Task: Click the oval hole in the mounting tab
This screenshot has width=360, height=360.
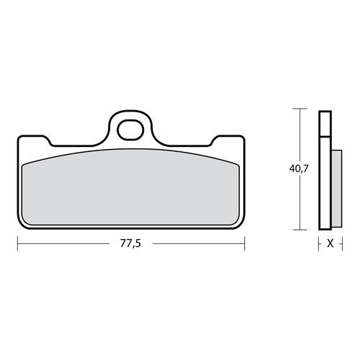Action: click(130, 131)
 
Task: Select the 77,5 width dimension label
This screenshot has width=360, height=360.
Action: click(130, 244)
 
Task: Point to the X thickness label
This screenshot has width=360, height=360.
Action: click(329, 244)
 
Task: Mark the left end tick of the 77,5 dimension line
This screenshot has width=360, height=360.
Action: click(17, 243)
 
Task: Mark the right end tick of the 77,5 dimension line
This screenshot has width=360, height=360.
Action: click(244, 243)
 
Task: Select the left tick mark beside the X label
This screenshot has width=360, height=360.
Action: click(319, 243)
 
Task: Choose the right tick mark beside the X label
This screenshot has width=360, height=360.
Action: click(340, 243)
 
